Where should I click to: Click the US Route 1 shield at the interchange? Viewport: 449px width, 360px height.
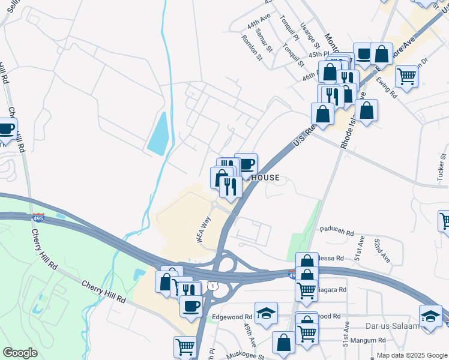tap(212, 286)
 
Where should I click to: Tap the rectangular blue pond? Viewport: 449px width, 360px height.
tap(158, 132)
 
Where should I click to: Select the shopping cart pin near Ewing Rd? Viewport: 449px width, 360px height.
tap(407, 76)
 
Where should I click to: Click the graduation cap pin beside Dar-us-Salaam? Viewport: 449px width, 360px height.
tap(431, 316)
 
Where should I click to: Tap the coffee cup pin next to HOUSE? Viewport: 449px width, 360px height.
tap(246, 164)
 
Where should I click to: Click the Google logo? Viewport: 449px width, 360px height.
tap(20, 353)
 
